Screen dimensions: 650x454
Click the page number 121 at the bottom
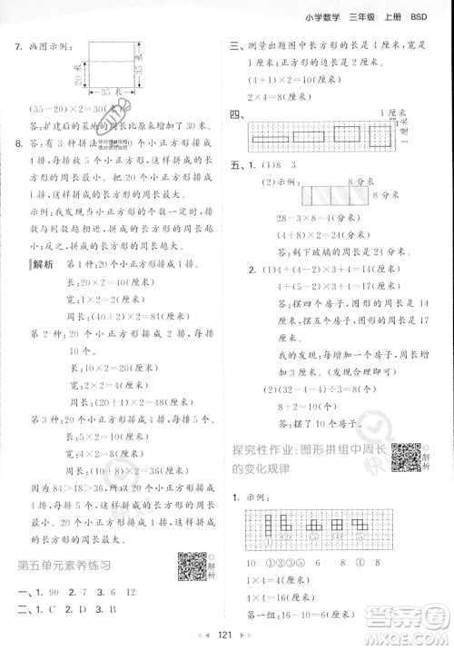[x=227, y=633]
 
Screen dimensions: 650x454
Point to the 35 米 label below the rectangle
[x=113, y=92]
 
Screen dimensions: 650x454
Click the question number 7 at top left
[x=20, y=46]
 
